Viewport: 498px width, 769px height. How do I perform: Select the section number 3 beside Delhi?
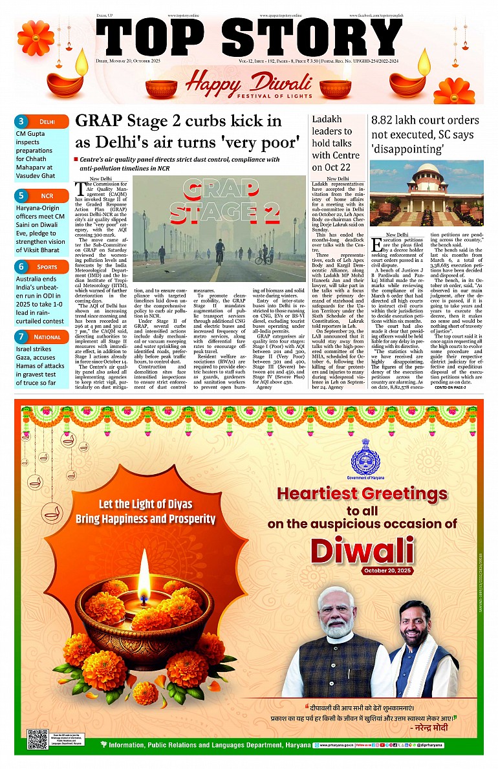click(21, 121)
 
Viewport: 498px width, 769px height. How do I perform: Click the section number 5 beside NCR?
click(21, 195)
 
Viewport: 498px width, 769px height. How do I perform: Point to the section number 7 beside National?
click(21, 336)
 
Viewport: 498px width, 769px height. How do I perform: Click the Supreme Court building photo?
click(426, 193)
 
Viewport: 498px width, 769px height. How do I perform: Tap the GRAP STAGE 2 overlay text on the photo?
click(234, 200)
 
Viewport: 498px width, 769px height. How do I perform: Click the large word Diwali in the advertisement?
click(362, 549)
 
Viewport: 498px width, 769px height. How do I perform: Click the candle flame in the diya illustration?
click(144, 568)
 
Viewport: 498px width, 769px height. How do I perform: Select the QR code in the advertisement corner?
click(38, 739)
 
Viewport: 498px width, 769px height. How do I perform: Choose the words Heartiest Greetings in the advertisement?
click(362, 494)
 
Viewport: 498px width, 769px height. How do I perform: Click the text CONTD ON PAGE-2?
click(451, 387)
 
